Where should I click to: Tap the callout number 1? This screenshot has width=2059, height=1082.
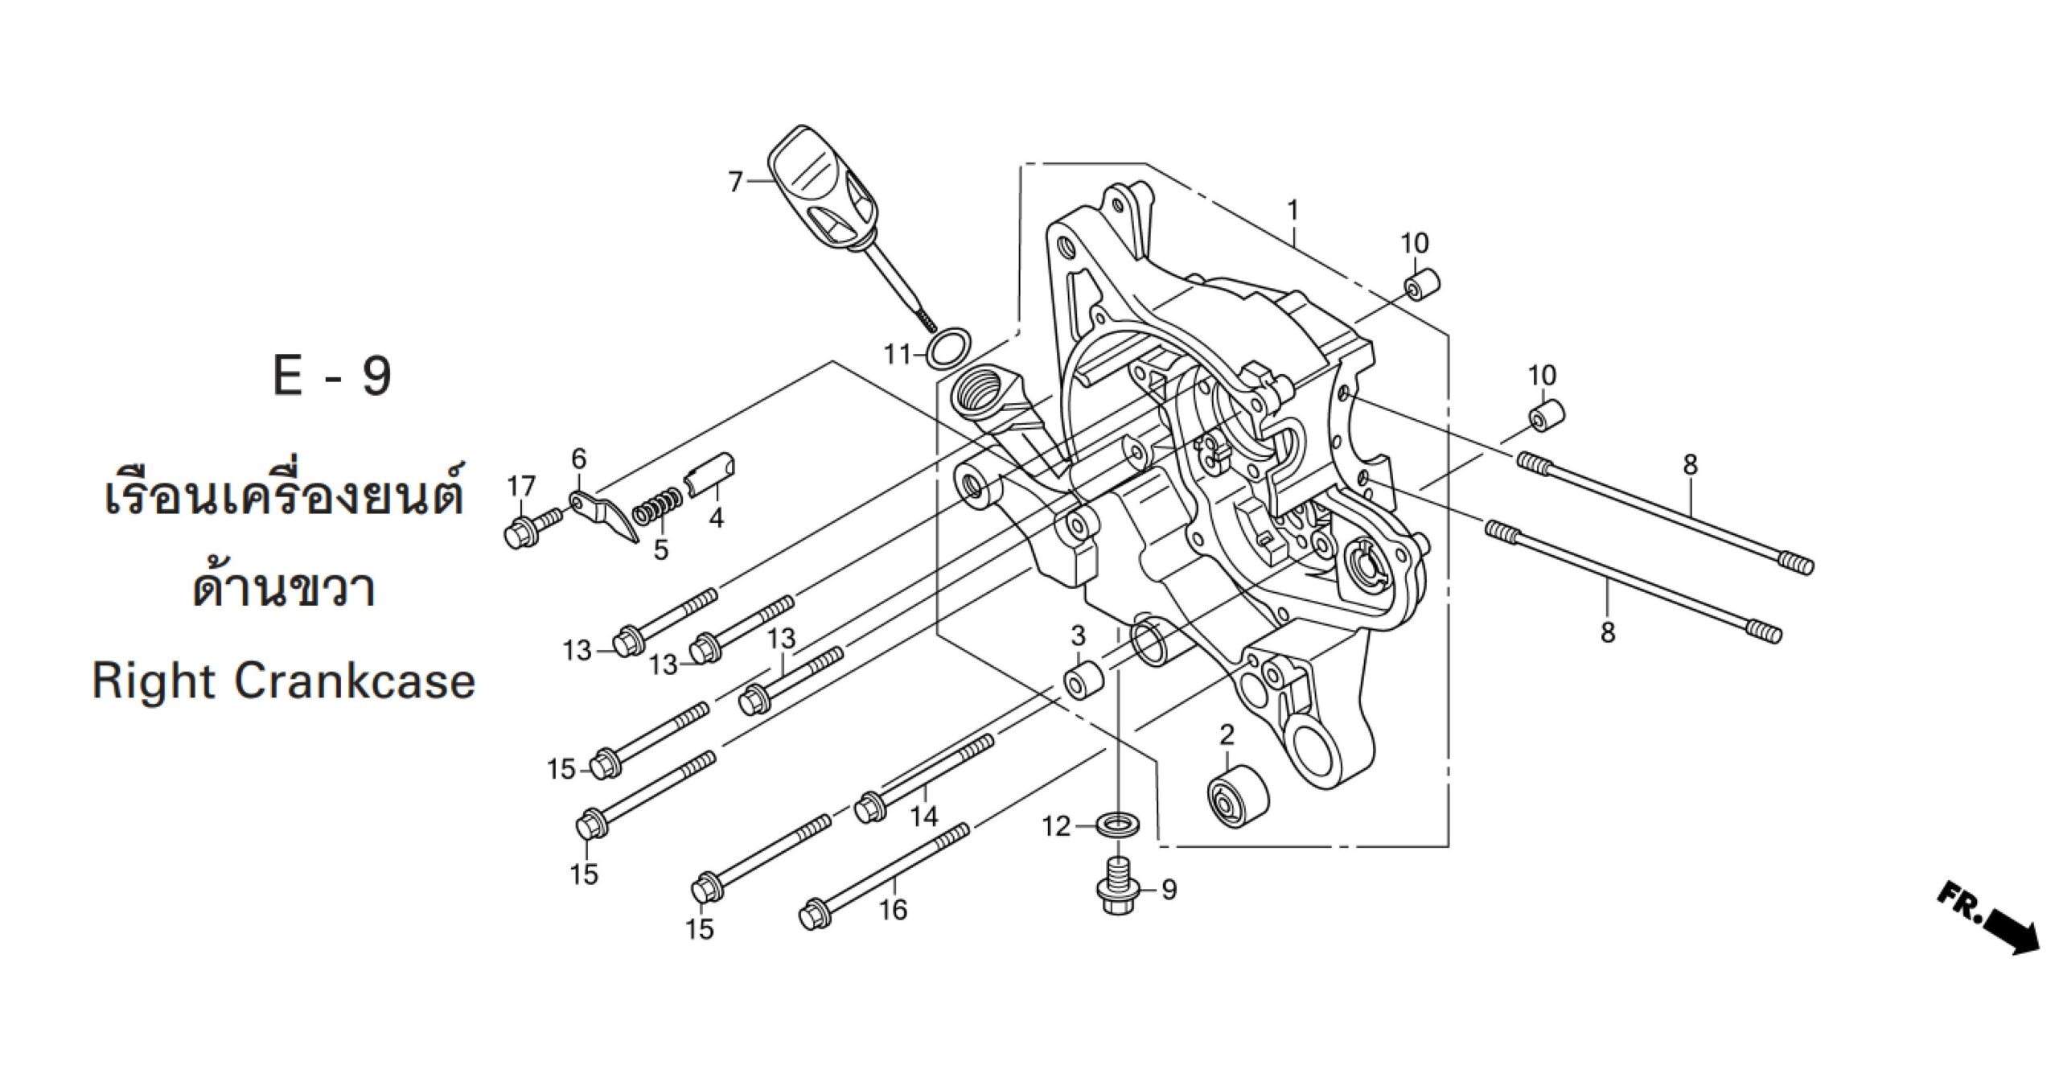(x=1292, y=210)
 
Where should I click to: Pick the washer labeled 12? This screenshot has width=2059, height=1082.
(x=1118, y=823)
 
